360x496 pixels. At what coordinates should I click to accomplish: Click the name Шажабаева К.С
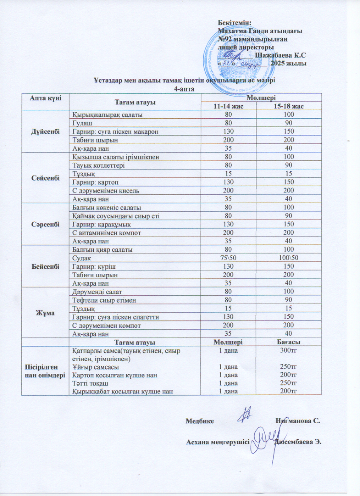coord(281,55)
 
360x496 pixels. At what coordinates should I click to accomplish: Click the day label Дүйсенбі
coord(45,131)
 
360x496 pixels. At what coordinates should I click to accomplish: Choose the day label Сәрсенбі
coord(45,224)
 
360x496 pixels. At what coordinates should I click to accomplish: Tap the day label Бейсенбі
coord(45,266)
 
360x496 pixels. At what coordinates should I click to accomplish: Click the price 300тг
coord(289,351)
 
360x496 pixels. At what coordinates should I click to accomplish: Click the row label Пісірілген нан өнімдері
coord(45,371)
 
